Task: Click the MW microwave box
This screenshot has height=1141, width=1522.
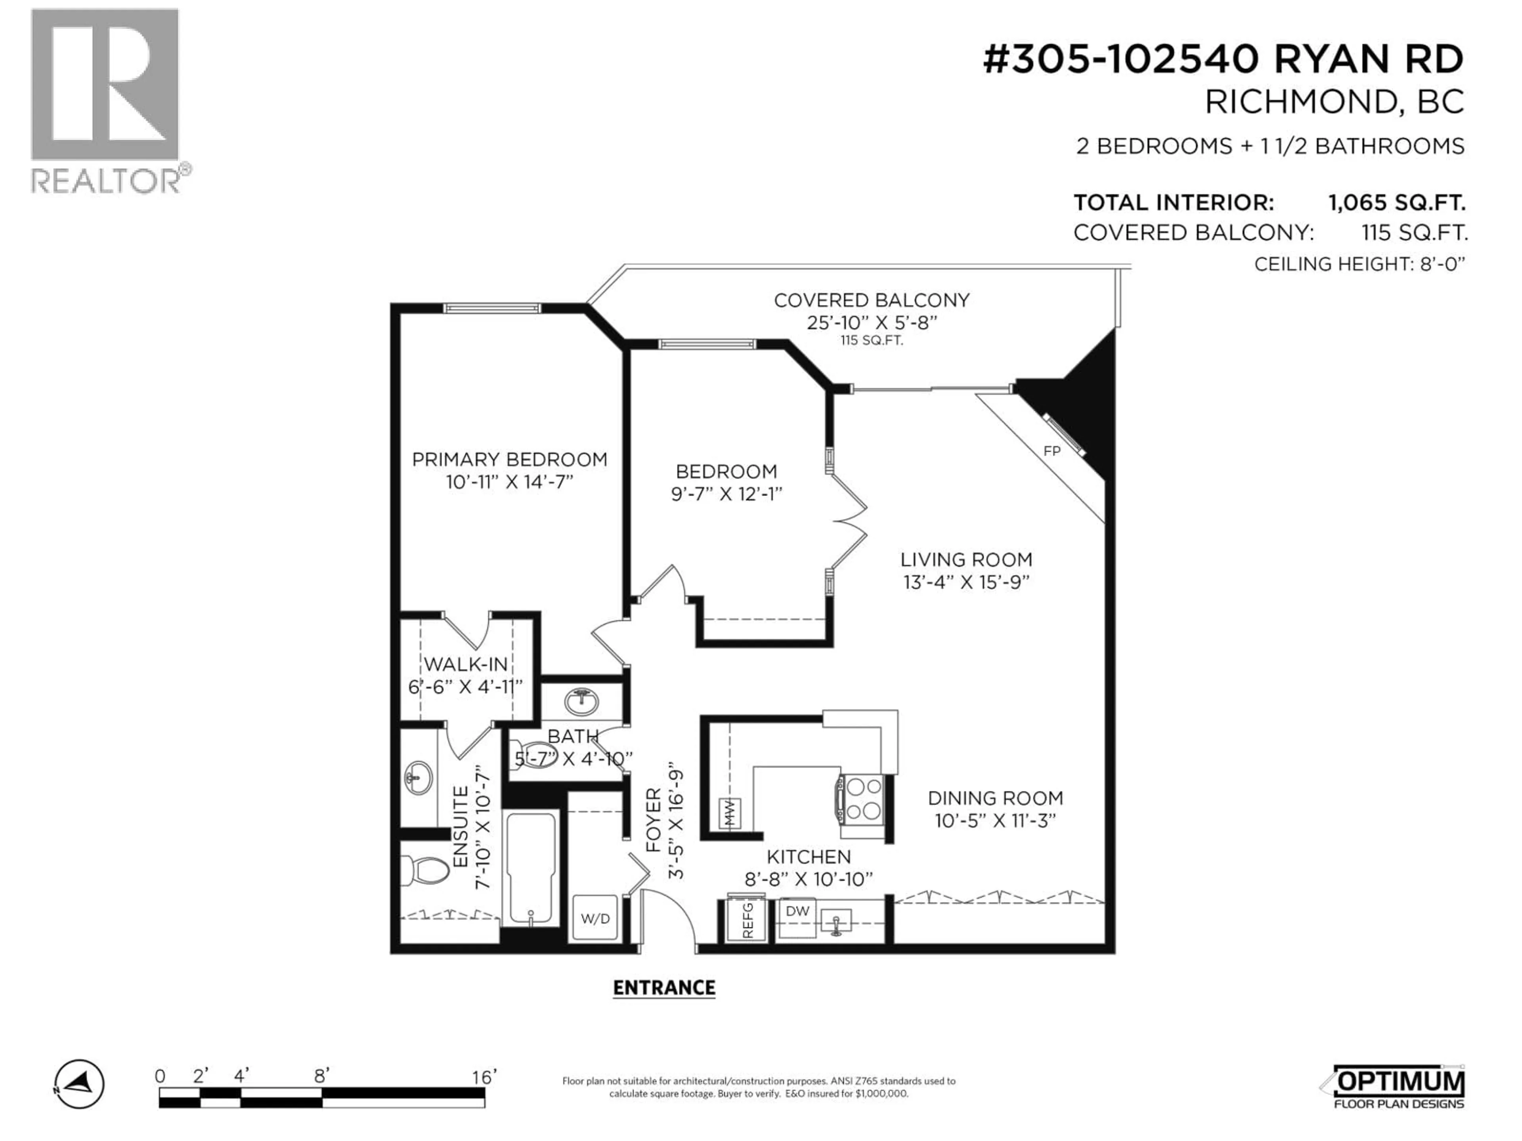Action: coord(729,813)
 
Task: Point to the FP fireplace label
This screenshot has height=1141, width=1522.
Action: coord(1052,451)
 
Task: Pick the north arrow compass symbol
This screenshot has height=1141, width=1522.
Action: coord(80,1084)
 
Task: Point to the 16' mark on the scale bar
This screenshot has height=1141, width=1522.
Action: coord(484,1077)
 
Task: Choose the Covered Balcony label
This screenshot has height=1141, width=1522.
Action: coord(871,301)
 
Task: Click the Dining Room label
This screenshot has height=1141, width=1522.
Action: coord(995,798)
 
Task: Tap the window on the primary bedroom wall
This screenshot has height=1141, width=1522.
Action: coord(491,308)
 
